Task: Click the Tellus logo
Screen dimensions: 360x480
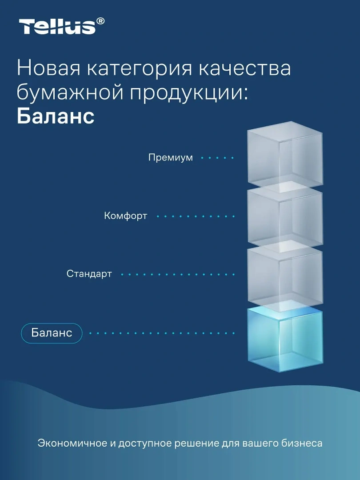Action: [61, 26]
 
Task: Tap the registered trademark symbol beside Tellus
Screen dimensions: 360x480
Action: [100, 21]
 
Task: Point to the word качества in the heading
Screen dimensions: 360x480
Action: [245, 68]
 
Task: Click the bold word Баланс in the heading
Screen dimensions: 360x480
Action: [56, 116]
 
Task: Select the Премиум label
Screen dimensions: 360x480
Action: [171, 158]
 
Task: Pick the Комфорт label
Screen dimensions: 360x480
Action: [125, 216]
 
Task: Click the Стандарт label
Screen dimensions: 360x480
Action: [89, 274]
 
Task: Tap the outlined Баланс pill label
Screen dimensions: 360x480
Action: [52, 333]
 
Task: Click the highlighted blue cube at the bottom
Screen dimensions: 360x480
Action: [285, 340]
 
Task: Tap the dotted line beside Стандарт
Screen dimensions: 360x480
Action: [178, 274]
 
